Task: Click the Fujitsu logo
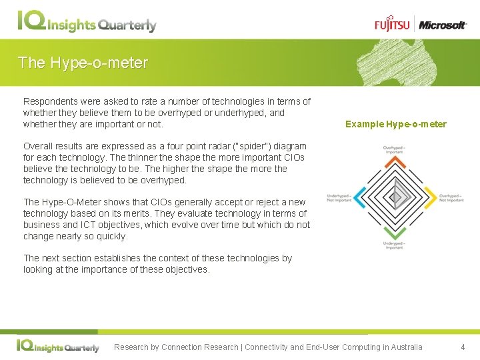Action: pyautogui.click(x=393, y=25)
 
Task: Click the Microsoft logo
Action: pyautogui.click(x=442, y=25)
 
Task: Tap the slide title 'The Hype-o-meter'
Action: pyautogui.click(x=83, y=63)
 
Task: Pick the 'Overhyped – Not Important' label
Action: pyautogui.click(x=451, y=197)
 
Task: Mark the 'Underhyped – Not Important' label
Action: pyautogui.click(x=339, y=197)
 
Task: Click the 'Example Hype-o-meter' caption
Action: pyautogui.click(x=396, y=124)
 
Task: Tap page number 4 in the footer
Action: pyautogui.click(x=463, y=347)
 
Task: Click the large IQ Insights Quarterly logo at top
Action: pyautogui.click(x=87, y=23)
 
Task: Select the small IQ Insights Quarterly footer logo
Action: pyautogui.click(x=58, y=347)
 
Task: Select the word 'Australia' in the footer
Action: pyautogui.click(x=403, y=347)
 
